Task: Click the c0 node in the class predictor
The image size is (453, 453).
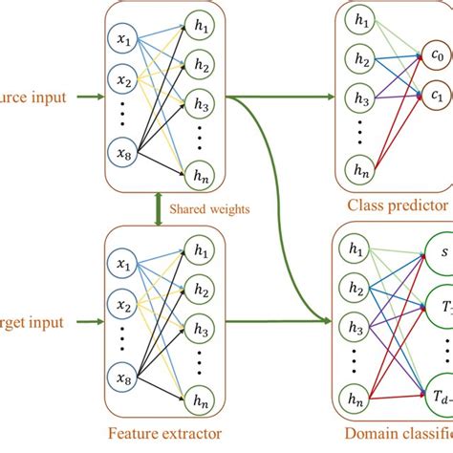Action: (437, 56)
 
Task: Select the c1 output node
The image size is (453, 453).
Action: (437, 96)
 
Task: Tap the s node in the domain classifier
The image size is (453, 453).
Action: (442, 254)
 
